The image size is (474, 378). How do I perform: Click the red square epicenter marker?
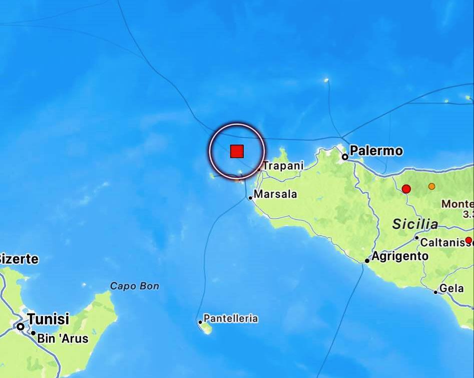[237, 151]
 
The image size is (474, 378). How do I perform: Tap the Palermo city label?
[376, 150]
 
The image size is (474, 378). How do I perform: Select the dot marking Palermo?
[345, 157]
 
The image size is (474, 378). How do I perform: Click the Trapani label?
[283, 165]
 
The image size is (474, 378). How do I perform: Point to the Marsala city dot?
[251, 198]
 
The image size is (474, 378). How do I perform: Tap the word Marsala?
[276, 194]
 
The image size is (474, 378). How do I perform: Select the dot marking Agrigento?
[367, 260]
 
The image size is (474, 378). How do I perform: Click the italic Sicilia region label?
[415, 224]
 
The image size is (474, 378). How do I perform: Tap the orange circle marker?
[431, 186]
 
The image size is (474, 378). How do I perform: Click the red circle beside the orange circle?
[406, 189]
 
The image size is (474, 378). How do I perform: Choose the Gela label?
[451, 289]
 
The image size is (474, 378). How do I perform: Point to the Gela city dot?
[435, 292]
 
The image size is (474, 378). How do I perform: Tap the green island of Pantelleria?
[206, 328]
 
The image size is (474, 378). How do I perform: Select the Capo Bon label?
[134, 286]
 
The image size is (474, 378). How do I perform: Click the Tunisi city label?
[48, 319]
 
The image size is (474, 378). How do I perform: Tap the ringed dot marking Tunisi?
[21, 326]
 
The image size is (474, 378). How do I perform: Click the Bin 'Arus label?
[63, 338]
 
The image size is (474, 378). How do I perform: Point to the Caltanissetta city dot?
[416, 238]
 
